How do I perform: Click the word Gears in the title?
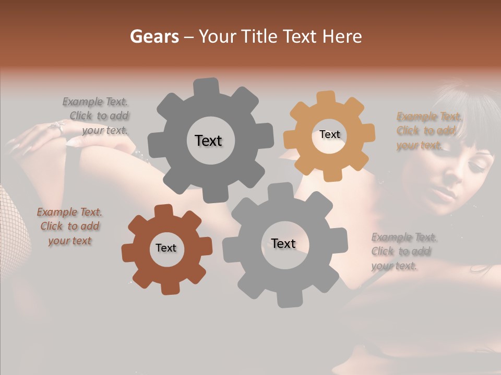pos(154,36)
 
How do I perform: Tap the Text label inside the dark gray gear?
pos(208,141)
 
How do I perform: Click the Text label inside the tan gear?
pos(329,134)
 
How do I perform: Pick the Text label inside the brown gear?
pos(166,248)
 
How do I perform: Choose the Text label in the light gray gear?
pos(283,243)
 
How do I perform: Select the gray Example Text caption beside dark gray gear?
pos(97,116)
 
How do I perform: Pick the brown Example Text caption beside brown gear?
pos(69,226)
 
